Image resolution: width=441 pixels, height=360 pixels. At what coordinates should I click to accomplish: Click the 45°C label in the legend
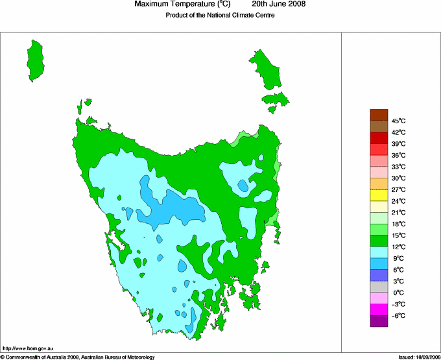[x=398, y=121]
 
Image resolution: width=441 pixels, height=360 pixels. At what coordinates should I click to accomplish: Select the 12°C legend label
[x=398, y=247]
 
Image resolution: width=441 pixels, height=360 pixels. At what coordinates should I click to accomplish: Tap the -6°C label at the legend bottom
[x=398, y=316]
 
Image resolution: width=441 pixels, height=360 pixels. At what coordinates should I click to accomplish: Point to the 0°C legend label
[x=398, y=293]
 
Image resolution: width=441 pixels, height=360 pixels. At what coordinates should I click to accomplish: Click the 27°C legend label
[x=398, y=189]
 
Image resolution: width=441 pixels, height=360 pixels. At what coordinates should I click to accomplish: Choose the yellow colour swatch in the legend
[x=379, y=195]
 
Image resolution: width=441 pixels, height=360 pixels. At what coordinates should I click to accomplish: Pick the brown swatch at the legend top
[x=379, y=115]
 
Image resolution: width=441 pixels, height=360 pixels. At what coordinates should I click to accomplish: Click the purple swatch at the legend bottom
[x=379, y=321]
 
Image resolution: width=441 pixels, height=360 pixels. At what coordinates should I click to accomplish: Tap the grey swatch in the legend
[x=379, y=287]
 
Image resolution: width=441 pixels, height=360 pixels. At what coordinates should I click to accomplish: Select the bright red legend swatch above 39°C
[x=379, y=138]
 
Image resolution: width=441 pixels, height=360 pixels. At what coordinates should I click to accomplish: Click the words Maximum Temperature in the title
[x=175, y=5]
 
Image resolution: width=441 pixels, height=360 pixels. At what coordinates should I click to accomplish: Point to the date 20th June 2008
[x=279, y=5]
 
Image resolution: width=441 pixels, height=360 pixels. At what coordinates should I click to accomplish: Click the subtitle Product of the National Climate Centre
[x=220, y=16]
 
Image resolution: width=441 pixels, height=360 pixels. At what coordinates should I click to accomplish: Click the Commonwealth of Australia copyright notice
[x=78, y=356]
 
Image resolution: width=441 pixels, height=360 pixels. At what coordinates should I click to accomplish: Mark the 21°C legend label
[x=398, y=213]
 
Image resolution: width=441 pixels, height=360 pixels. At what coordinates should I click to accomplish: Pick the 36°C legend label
[x=398, y=155]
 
